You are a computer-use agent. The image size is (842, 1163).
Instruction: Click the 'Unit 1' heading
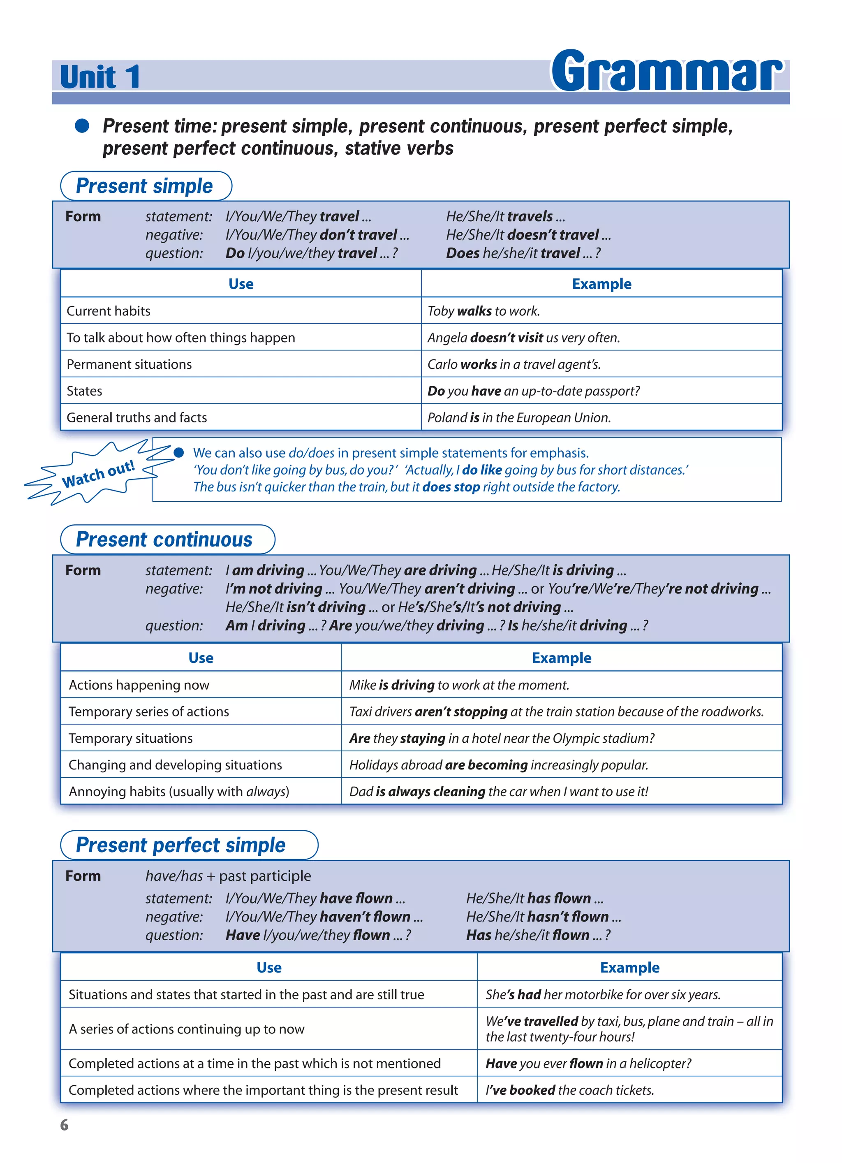click(100, 77)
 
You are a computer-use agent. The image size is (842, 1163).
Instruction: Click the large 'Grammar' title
click(666, 72)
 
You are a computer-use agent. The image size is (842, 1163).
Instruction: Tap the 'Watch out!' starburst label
click(98, 474)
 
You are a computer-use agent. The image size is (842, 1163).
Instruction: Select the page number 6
click(64, 1124)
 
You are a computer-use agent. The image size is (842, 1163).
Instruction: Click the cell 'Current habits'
click(109, 311)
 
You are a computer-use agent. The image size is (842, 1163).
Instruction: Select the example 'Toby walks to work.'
click(483, 311)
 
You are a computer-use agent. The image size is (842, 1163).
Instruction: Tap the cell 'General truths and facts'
click(137, 417)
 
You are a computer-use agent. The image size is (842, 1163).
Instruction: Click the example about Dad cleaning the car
click(498, 791)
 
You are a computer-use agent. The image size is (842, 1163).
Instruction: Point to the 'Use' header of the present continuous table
click(201, 658)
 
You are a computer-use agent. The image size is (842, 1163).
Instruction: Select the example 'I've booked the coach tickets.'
click(569, 1090)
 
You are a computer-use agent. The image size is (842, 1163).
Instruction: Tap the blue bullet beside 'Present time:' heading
click(82, 125)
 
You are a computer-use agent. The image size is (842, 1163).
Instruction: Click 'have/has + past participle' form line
click(228, 876)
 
